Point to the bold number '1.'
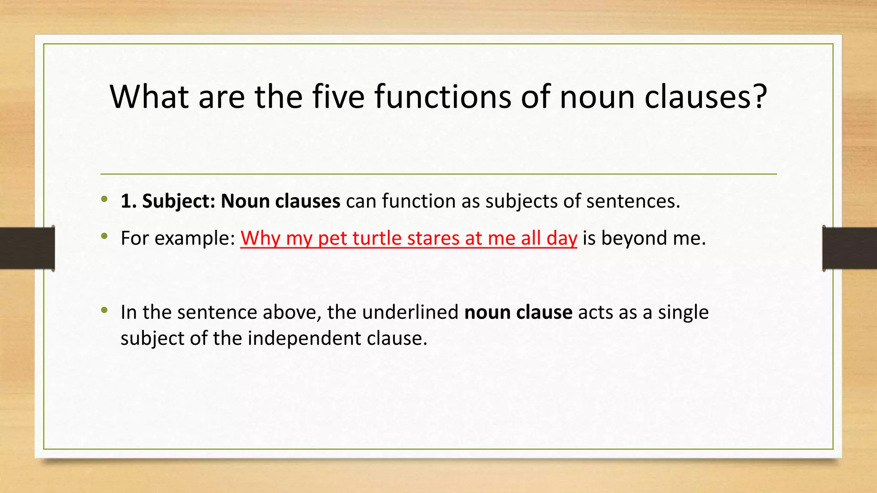[128, 201]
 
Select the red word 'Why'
[260, 238]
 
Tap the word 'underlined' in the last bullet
[410, 312]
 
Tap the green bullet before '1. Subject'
[104, 199]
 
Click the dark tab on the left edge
[27, 248]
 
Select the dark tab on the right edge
[850, 248]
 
